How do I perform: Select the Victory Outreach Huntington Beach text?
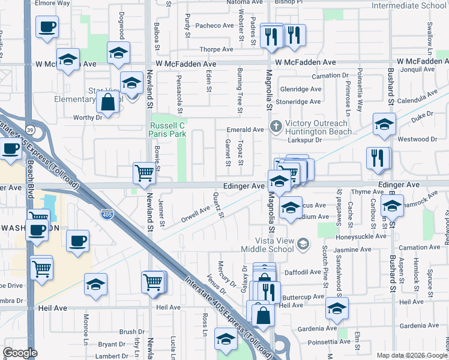coord(321,128)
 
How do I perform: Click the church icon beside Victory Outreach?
coord(276,126)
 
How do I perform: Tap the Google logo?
coord(20,353)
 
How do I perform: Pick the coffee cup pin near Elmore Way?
coord(47,27)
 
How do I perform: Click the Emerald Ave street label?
coord(245,130)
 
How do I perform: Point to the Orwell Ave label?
coord(196,214)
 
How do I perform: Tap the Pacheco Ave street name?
coord(214,25)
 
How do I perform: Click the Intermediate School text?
coord(409,6)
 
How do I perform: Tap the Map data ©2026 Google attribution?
coord(411,355)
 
